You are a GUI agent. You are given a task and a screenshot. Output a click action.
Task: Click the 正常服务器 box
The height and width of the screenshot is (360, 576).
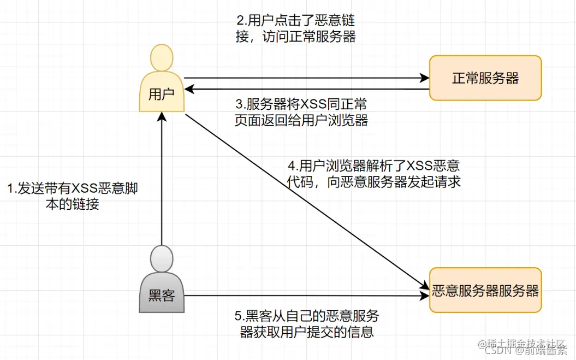click(x=485, y=78)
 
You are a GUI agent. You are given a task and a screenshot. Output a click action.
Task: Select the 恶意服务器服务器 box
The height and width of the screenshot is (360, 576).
click(x=485, y=290)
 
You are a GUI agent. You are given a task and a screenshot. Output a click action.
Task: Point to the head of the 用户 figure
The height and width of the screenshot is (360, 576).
click(x=162, y=58)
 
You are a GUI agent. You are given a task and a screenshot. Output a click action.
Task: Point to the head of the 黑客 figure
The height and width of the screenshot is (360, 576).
click(x=162, y=258)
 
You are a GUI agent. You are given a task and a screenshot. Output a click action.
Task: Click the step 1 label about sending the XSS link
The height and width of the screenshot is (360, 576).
click(x=72, y=197)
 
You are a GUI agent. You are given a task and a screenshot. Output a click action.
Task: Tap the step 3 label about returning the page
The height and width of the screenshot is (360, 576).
click(x=301, y=113)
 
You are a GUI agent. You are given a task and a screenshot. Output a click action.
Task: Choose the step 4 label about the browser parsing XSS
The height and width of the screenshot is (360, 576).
click(x=374, y=173)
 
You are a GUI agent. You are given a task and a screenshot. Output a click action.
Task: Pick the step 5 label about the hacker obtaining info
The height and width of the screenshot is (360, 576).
click(x=307, y=324)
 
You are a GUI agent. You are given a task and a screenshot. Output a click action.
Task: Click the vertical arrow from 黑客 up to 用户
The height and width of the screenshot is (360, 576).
click(x=162, y=180)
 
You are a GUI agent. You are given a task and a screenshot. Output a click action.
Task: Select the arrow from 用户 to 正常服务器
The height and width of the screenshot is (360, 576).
click(x=306, y=78)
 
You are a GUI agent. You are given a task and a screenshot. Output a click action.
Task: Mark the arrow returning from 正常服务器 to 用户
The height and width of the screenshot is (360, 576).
click(x=306, y=88)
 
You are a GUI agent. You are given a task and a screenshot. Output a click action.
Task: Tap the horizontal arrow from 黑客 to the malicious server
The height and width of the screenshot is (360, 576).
click(x=306, y=296)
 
